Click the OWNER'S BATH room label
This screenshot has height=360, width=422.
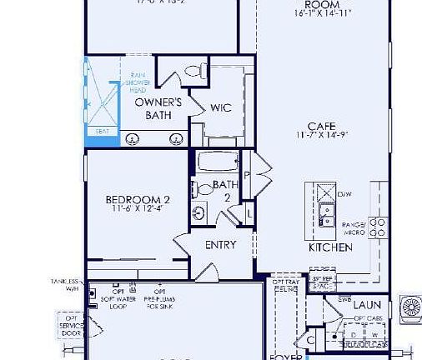153,108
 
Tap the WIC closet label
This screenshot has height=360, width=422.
221,107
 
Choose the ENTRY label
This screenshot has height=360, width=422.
221,245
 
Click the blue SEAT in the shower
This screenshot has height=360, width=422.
103,132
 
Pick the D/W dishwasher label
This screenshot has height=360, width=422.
345,193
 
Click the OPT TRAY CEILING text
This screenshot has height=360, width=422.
284,286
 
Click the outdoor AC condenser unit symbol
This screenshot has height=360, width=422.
412,310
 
